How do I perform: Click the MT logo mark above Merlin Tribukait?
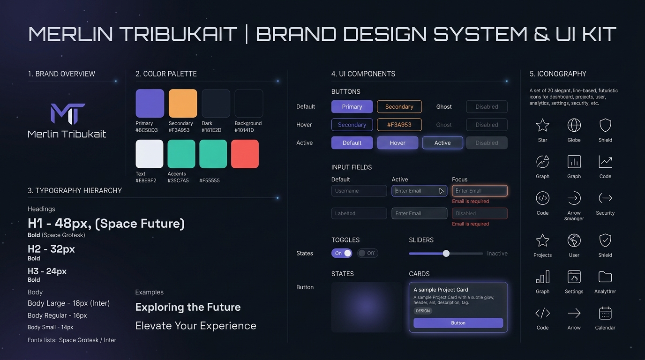click(x=68, y=114)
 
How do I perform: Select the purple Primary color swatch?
click(x=150, y=103)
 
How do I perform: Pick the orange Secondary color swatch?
click(x=183, y=103)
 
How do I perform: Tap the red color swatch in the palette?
click(x=245, y=154)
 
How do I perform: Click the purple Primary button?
click(x=352, y=106)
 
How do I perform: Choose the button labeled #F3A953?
click(x=399, y=125)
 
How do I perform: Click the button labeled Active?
click(x=442, y=143)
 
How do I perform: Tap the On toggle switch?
click(x=342, y=253)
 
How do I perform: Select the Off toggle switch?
click(x=367, y=253)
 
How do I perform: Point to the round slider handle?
click(x=446, y=254)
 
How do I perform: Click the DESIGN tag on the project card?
click(x=423, y=311)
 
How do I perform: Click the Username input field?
click(x=359, y=191)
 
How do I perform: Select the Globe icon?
click(x=574, y=125)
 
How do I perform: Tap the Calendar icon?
click(x=605, y=313)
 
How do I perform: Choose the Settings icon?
click(x=574, y=277)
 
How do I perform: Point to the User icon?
click(x=574, y=240)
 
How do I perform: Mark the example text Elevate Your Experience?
click(x=196, y=326)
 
